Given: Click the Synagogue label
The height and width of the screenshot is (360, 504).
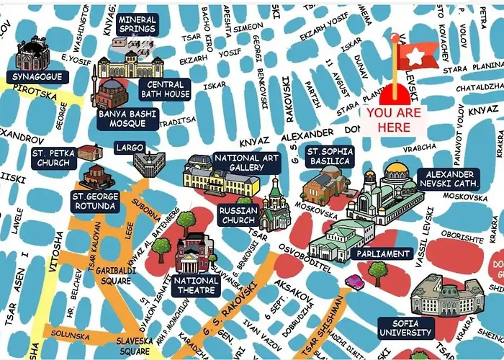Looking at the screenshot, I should pyautogui.click(x=37, y=76).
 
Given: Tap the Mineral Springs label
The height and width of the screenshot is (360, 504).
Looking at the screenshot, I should pyautogui.click(x=137, y=24).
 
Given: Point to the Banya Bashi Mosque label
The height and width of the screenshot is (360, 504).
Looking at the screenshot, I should pyautogui.click(x=126, y=118).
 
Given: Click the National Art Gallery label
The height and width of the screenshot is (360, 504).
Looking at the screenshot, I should pyautogui.click(x=246, y=163).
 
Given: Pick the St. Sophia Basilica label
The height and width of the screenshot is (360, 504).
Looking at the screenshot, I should pyautogui.click(x=328, y=156).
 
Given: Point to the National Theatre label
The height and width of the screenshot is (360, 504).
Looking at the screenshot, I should pyautogui.click(x=196, y=285).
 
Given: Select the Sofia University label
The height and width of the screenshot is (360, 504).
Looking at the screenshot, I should pyautogui.click(x=405, y=328).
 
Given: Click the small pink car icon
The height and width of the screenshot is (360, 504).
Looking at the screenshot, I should pyautogui.click(x=354, y=281).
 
